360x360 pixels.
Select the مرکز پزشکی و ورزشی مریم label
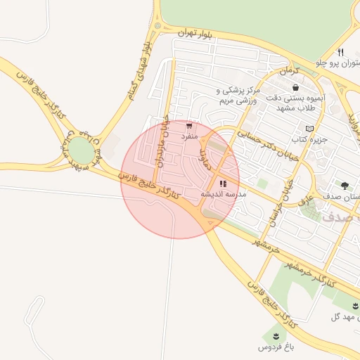pyautogui.click(x=238, y=96)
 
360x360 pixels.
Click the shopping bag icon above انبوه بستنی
pyautogui.click(x=295, y=87)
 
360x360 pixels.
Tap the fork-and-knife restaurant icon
pyautogui.click(x=340, y=51)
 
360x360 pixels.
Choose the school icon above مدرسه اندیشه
pyautogui.click(x=223, y=184)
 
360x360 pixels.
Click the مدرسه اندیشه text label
pyautogui.click(x=221, y=194)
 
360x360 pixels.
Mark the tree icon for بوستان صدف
pyautogui.click(x=345, y=185)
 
